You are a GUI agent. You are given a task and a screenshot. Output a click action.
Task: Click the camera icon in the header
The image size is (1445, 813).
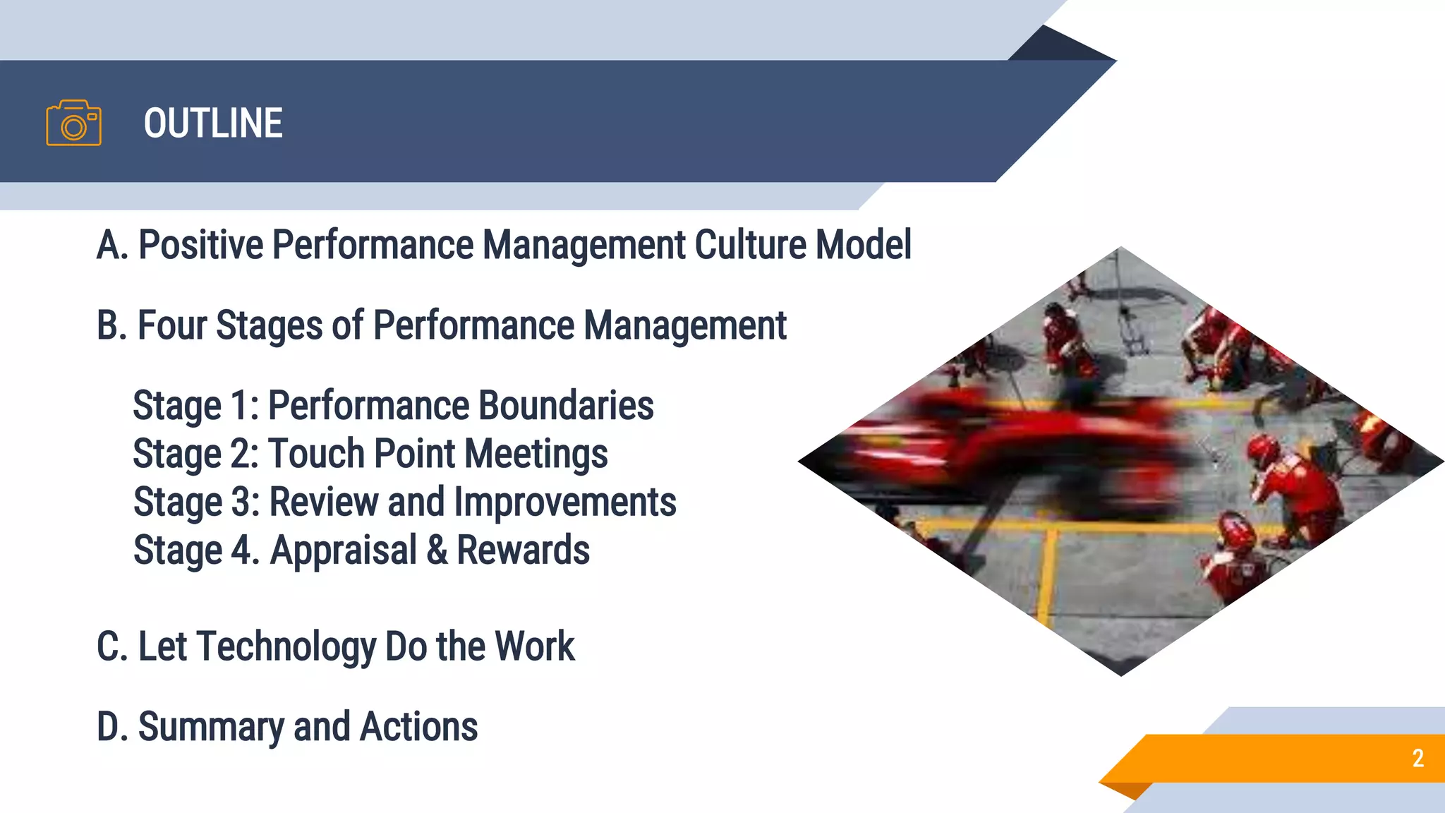pos(73,124)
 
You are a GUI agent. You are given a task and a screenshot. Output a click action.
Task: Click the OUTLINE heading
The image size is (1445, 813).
pos(213,124)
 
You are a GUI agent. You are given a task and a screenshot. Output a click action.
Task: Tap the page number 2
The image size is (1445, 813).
pos(1417,758)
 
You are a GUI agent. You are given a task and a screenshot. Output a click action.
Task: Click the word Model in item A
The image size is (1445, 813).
pos(864,245)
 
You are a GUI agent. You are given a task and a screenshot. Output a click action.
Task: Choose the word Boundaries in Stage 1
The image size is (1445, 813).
pos(566,406)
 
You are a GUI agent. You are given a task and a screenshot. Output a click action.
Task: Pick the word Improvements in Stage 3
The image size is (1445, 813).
pos(564,502)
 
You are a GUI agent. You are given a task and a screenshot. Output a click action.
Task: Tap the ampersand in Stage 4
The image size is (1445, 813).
pos(437,550)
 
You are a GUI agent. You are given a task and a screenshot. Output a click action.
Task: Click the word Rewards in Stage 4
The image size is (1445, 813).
pos(523,550)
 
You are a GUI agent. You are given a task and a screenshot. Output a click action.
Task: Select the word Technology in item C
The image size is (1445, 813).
pos(286,646)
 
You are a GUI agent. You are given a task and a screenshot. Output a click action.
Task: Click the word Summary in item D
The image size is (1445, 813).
pos(210,727)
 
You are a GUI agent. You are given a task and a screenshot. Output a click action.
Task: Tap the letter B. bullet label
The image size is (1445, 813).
pos(111,325)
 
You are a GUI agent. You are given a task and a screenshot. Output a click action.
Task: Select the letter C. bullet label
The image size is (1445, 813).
pos(111,646)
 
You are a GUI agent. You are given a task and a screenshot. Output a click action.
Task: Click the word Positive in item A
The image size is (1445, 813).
pos(200,245)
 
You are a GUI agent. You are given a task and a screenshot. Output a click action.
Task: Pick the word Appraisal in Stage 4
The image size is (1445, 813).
pos(344,550)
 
